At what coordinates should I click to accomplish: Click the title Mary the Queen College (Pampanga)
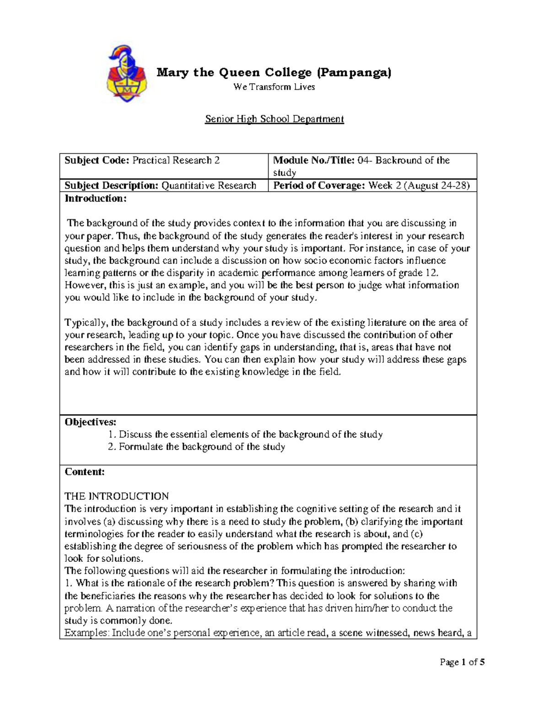(274, 72)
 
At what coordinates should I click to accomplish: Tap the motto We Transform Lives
(274, 87)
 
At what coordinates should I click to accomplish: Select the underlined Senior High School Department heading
(274, 119)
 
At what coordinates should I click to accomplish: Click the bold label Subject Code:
(97, 160)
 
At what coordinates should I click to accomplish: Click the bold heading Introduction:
(95, 198)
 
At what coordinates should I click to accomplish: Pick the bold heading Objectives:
(91, 422)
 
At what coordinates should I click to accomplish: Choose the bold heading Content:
(85, 472)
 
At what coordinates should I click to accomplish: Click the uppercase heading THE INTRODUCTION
(117, 496)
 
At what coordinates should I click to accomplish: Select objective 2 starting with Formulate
(197, 447)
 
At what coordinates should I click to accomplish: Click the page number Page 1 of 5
(462, 662)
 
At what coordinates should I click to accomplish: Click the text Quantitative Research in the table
(209, 185)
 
